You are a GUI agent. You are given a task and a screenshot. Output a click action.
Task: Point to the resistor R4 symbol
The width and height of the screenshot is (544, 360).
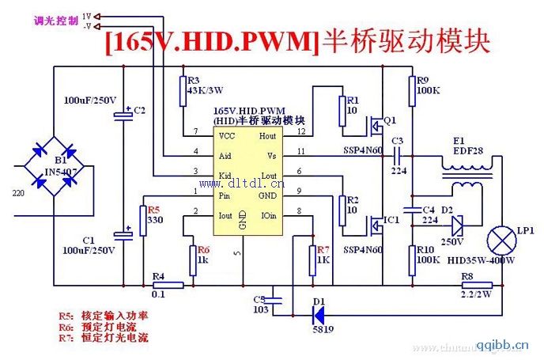[x=168, y=286]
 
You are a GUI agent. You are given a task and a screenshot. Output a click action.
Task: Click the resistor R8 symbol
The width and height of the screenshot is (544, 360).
[x=476, y=286]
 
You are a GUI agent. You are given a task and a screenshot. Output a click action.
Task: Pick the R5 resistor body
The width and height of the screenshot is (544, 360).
[x=143, y=221]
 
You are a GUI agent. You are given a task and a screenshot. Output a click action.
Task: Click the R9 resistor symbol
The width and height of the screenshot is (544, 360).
[x=412, y=92]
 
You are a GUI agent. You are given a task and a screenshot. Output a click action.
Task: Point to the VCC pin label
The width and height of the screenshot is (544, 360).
[x=226, y=136]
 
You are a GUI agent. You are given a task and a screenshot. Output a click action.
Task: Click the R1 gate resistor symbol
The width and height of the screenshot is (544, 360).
[x=343, y=110]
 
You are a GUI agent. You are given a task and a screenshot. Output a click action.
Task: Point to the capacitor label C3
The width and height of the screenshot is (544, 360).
[x=397, y=141]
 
